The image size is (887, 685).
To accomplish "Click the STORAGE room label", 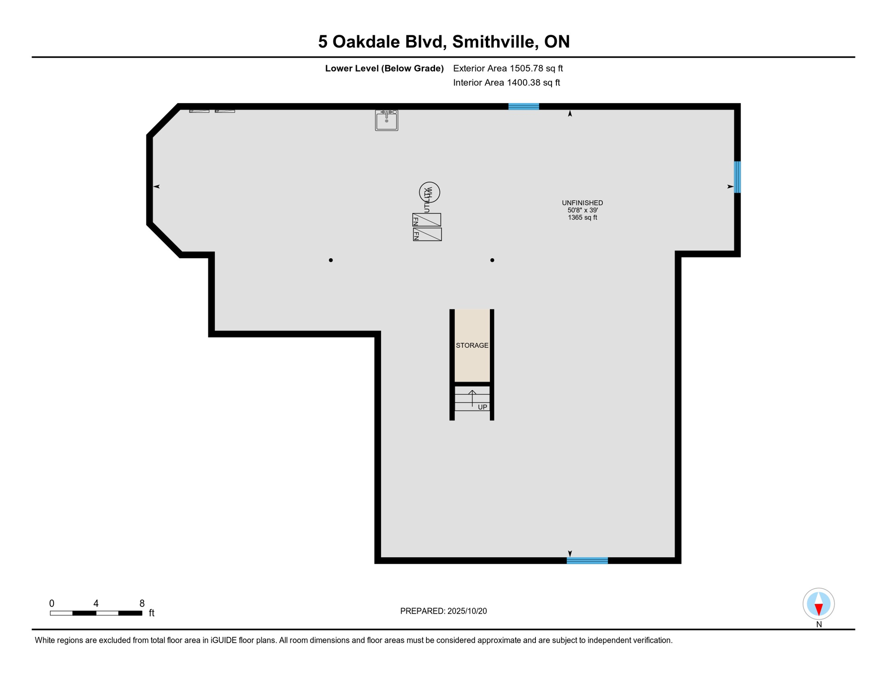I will tap(472, 346).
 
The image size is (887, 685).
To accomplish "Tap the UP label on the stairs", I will tap(482, 407).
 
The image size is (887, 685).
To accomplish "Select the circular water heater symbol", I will tap(429, 192).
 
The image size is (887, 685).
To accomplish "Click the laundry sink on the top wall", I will tap(386, 120).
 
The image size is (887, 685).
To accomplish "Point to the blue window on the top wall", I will tap(523, 107).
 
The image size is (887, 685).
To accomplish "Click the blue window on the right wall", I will tap(737, 177).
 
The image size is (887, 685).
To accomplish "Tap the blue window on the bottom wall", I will tap(587, 561).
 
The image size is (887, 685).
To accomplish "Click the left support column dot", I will tap(331, 260).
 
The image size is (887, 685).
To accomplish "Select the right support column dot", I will tap(492, 260).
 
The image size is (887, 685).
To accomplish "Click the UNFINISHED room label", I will tap(582, 203).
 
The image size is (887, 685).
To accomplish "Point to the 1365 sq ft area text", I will tap(582, 218).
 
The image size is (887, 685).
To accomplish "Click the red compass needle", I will tap(818, 609).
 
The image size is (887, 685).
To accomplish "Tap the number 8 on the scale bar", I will tap(142, 603).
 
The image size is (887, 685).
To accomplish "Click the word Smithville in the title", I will tap(493, 41).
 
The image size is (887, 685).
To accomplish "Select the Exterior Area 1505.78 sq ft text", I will tap(508, 68).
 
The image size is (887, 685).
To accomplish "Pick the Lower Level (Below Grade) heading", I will tap(384, 68).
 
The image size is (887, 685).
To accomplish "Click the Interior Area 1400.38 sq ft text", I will tap(506, 83).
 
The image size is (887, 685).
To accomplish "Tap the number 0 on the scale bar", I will tap(52, 603).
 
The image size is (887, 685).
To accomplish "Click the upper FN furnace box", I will tap(427, 220).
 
